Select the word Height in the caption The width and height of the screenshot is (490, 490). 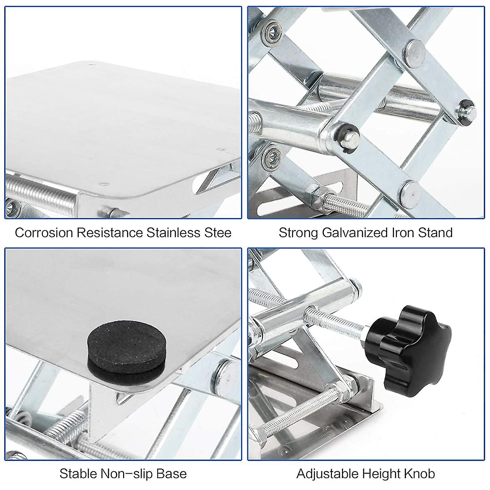click(382, 474)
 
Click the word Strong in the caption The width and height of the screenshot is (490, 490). click(298, 233)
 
